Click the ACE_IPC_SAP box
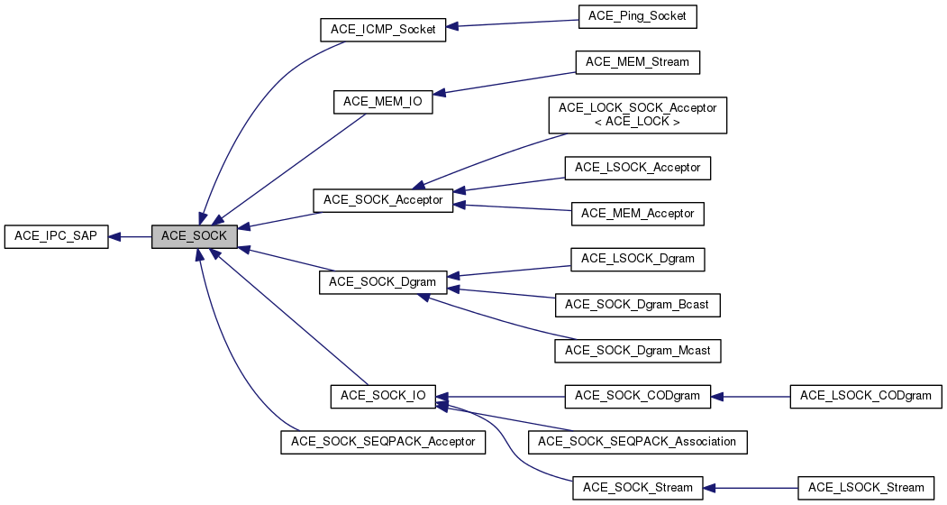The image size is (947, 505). point(57,237)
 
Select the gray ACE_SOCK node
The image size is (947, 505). point(195,237)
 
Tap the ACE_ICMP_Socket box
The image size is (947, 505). point(383,30)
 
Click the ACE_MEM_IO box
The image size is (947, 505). point(383,102)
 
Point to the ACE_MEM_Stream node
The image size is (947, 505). point(637,62)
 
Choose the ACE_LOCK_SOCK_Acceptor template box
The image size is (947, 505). point(637,115)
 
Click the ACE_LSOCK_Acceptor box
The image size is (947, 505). point(638,167)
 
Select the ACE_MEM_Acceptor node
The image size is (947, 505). point(637,214)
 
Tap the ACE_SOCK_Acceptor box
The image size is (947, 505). point(382,199)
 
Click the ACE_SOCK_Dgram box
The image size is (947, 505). point(383,282)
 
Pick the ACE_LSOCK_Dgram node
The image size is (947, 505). point(637,259)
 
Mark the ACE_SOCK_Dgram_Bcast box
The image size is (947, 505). point(637,304)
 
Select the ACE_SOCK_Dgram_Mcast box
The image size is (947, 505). point(637,349)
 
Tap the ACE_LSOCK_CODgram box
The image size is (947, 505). point(866,395)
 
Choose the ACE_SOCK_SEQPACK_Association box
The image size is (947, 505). point(638,442)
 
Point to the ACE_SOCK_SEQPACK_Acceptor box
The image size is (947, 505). point(384,442)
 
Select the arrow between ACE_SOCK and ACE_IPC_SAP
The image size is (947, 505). point(131,237)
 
